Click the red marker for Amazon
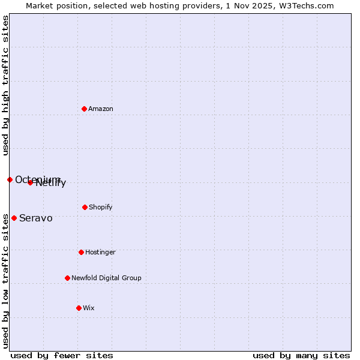pos(84,109)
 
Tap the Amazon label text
pos(101,109)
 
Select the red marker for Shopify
pos(85,207)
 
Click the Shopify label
pos(101,208)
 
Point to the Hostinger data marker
pos(81,252)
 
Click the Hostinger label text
pos(100,253)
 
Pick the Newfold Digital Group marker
pos(67,278)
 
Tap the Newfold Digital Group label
pos(106,278)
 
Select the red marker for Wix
pos(79,308)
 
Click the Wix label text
pos(89,308)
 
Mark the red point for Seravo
pos(14,218)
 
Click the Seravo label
pos(36,218)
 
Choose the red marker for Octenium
pos(10,179)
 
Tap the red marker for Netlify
pos(30,182)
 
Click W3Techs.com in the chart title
pos(305,5)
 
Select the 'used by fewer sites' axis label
pos(62,355)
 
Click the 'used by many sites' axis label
pos(301,355)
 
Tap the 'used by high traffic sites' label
pos(5,85)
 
